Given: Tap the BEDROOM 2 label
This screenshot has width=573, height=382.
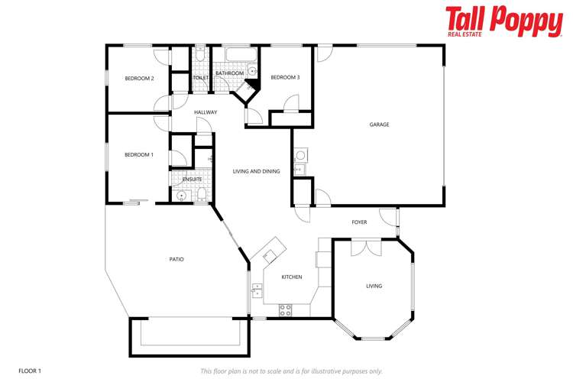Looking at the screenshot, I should coord(140,79).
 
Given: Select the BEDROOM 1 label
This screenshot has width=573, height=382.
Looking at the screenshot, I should coord(139,155).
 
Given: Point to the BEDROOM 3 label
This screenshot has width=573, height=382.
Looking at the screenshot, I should coord(286,77).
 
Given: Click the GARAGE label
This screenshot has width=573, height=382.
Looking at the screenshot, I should coord(380,125).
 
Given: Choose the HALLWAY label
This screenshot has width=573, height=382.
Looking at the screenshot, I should coord(206,112).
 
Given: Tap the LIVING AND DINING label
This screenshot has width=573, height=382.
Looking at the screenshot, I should coord(257,171).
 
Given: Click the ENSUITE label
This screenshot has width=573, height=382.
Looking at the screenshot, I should coord(192,180).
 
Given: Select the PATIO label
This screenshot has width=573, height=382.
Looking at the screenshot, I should coord(176,259).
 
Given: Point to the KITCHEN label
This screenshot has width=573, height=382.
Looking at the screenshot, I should coord(292,277).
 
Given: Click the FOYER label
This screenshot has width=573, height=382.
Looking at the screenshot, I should coord(359,222).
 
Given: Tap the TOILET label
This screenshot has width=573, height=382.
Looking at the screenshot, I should coord(201,77).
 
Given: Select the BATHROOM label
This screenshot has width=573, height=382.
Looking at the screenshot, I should coord(229,73).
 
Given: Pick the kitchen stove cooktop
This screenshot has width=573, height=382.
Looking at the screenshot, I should coord(286,309).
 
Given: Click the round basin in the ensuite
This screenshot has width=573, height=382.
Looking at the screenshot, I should coord(181,196).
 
